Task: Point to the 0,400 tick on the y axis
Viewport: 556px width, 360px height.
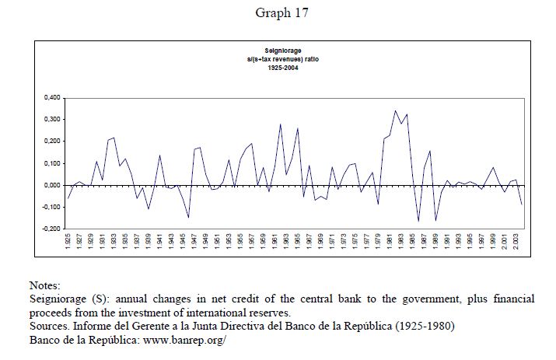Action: point(48,97)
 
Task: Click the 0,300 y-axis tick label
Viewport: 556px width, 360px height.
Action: point(48,119)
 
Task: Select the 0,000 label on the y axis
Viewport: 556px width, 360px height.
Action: point(48,185)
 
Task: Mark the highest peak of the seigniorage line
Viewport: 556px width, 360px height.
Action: point(395,110)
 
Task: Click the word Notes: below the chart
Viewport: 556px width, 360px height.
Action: point(44,285)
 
